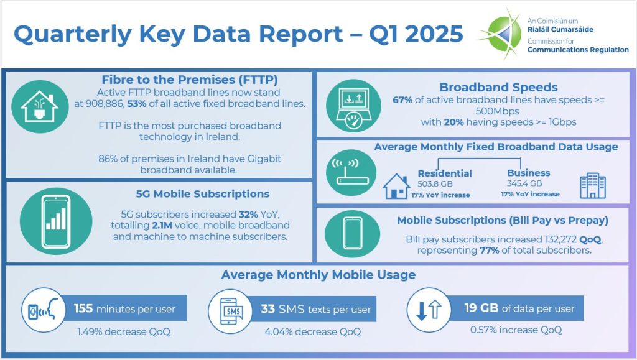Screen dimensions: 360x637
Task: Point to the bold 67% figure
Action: [403, 99]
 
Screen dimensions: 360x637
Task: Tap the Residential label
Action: [444, 173]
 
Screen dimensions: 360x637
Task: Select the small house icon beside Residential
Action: [396, 185]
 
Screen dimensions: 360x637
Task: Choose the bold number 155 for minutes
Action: [84, 308]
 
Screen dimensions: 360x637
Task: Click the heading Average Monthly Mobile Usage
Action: [318, 274]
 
